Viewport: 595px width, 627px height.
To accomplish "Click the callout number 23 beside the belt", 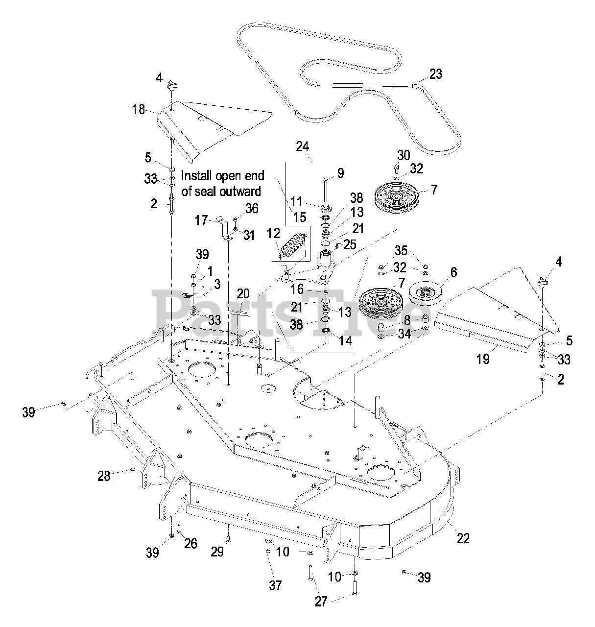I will [x=435, y=74].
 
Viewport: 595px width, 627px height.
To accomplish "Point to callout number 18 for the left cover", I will [x=139, y=109].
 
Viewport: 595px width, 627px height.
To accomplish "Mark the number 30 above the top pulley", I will [x=403, y=155].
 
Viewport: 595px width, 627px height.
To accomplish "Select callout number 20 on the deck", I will [x=243, y=294].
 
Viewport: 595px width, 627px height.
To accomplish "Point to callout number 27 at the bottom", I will [x=320, y=601].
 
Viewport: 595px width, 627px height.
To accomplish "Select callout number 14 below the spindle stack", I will [x=346, y=341].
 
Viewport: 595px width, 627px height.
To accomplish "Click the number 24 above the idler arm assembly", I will [x=303, y=145].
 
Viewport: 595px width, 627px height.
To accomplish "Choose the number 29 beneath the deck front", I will [x=217, y=552].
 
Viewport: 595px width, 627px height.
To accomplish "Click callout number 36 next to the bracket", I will [x=252, y=208].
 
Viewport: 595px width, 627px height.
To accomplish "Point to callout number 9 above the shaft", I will [x=340, y=172].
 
